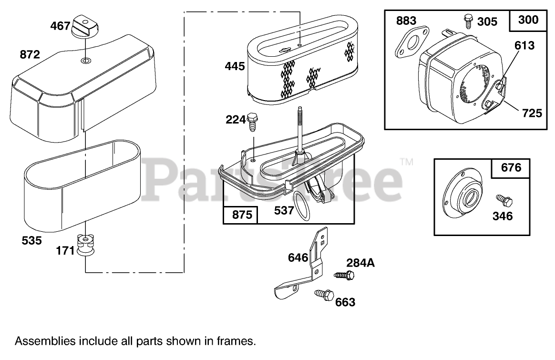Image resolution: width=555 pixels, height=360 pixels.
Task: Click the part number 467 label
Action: click(60, 26)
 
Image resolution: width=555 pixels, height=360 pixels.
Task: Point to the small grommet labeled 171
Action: click(85, 245)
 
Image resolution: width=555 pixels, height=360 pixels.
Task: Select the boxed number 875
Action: click(241, 215)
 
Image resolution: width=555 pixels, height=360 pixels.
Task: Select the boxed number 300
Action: click(528, 20)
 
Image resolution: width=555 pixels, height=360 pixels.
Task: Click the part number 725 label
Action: click(532, 113)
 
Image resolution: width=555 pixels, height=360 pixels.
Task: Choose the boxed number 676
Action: click(511, 168)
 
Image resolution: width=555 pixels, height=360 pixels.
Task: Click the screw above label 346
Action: click(502, 200)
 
